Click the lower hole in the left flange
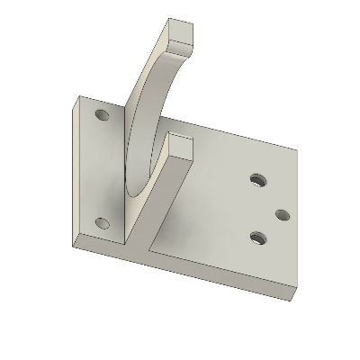(x=102, y=222)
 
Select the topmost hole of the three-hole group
(x=258, y=181)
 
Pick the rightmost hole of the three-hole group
(x=281, y=215)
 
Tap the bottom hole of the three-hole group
(x=258, y=238)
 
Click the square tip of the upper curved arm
(x=184, y=34)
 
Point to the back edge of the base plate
(x=243, y=130)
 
